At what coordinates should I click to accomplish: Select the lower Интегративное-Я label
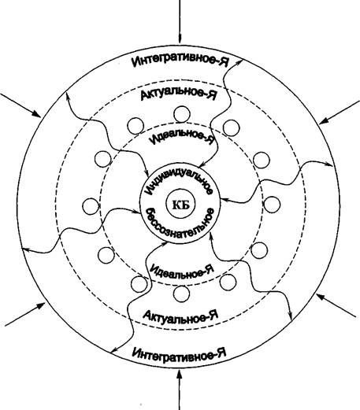(179, 353)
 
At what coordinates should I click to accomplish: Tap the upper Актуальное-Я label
(179, 94)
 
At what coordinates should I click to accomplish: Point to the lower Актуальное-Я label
(180, 316)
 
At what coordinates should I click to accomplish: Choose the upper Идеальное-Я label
(182, 137)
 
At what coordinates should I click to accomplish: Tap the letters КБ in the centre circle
(181, 205)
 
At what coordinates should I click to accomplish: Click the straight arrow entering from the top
(180, 21)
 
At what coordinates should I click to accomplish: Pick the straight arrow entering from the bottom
(180, 390)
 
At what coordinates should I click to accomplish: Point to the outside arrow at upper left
(20, 105)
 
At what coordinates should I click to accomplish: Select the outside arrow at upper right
(340, 112)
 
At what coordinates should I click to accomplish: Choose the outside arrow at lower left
(25, 314)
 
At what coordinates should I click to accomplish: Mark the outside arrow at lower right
(336, 305)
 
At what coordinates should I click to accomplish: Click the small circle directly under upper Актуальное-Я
(182, 114)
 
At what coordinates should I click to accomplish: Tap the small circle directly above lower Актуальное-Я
(181, 294)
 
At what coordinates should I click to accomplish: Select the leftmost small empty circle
(91, 206)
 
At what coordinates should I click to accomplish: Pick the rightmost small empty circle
(272, 205)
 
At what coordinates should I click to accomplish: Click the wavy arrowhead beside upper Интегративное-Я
(239, 62)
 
